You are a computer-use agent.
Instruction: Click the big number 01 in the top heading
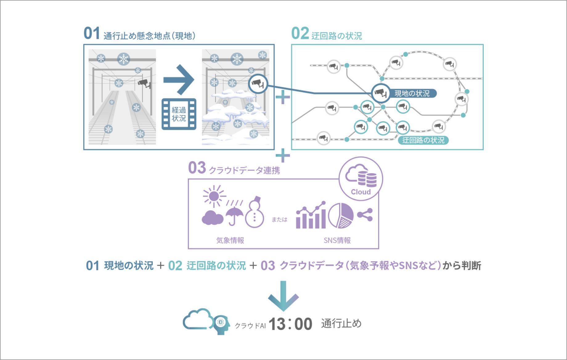(92, 33)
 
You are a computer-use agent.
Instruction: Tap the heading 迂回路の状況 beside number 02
(337, 36)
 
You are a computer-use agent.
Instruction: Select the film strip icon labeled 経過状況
(179, 114)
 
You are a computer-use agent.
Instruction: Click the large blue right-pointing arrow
(179, 80)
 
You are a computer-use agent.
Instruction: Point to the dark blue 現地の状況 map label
(412, 93)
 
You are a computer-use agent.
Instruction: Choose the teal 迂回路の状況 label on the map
(423, 140)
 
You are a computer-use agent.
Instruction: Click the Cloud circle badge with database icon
(361, 179)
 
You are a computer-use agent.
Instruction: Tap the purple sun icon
(214, 196)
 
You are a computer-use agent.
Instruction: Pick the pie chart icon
(341, 215)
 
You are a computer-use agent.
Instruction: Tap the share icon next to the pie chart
(365, 215)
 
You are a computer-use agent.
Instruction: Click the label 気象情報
(230, 240)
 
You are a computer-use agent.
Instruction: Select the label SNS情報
(337, 240)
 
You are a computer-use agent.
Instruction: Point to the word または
(279, 219)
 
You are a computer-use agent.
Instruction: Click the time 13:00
(290, 324)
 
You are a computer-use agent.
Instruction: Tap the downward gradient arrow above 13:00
(283, 296)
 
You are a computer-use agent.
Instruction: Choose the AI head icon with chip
(221, 325)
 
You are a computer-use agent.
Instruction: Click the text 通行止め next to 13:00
(341, 324)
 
